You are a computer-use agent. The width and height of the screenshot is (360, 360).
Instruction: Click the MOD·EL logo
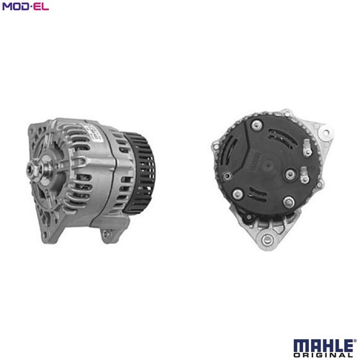click(25, 6)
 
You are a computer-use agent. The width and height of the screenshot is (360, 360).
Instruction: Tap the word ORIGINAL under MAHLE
click(323, 355)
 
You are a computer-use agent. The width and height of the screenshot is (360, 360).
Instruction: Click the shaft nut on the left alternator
click(32, 170)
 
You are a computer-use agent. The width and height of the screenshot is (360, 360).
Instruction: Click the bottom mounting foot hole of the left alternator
click(105, 233)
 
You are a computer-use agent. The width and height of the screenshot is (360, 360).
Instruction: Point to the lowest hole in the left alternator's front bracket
click(45, 235)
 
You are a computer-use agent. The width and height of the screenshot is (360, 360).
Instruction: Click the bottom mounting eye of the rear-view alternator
click(266, 240)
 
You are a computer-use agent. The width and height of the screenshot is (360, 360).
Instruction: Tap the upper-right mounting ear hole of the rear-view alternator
click(325, 132)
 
